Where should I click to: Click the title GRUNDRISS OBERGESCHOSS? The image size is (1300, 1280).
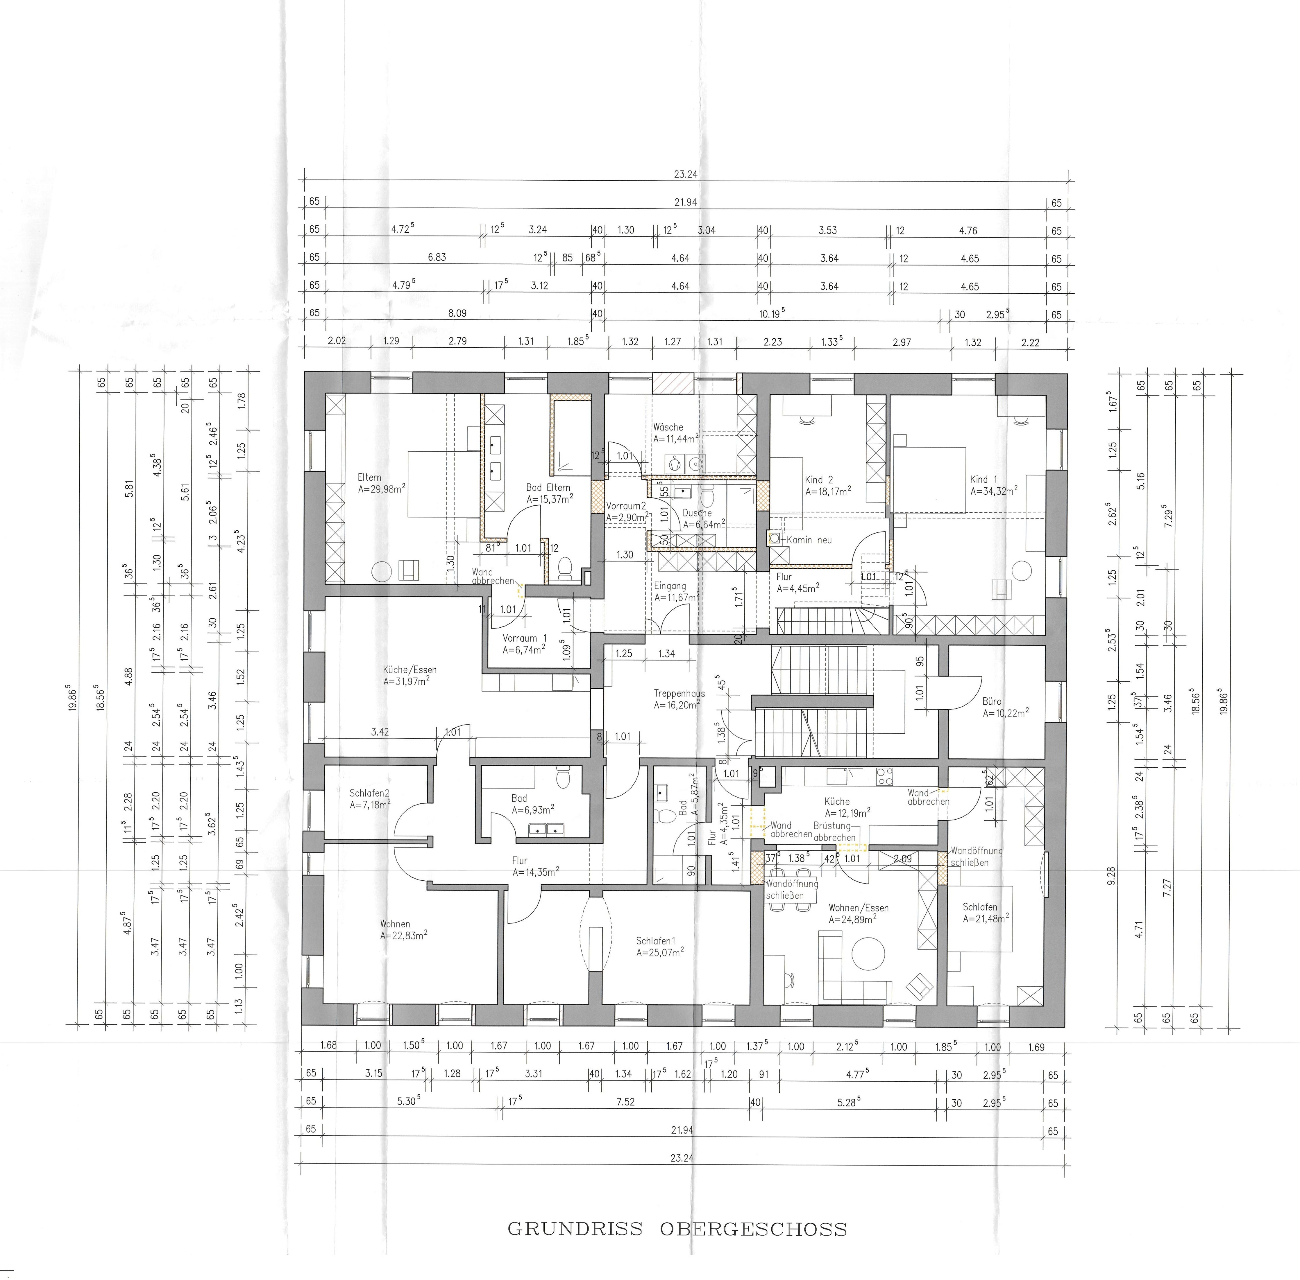677,1229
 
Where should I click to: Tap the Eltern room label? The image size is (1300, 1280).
369,477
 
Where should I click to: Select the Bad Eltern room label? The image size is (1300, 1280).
548,487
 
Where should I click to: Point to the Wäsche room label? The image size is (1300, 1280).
668,427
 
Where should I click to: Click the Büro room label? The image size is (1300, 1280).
992,701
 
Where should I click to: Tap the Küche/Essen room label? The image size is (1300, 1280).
410,669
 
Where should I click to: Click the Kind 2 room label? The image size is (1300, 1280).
818,480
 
